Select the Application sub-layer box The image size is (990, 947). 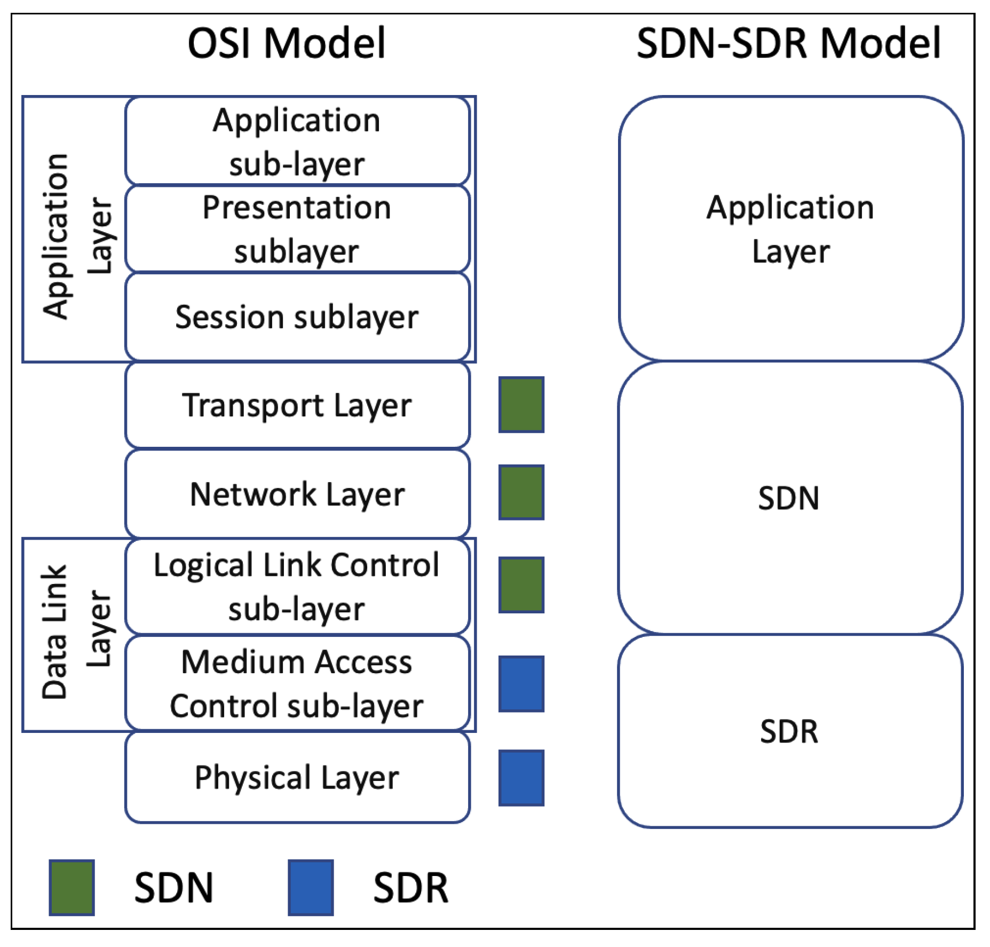(297, 141)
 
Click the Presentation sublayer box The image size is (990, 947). (297, 229)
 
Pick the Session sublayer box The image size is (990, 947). (297, 317)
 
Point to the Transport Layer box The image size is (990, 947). (297, 405)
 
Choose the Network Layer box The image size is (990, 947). (297, 494)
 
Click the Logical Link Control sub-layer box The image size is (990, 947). (297, 587)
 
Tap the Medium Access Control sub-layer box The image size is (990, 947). (297, 683)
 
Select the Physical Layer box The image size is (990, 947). (297, 777)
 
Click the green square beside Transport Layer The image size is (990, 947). (521, 405)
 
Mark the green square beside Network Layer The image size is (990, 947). (521, 492)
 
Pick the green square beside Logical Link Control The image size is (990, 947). (521, 585)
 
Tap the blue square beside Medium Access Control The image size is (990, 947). (521, 684)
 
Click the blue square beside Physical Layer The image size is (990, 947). (521, 778)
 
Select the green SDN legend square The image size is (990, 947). (72, 887)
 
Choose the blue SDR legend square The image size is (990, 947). (311, 887)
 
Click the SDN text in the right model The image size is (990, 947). (788, 498)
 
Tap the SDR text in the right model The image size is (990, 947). (788, 731)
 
